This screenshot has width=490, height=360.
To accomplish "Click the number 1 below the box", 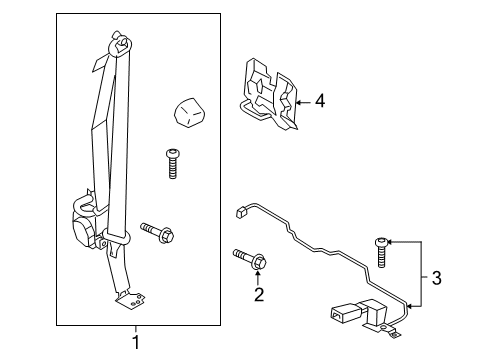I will point(137,343).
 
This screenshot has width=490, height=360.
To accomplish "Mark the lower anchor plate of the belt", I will point(128,297).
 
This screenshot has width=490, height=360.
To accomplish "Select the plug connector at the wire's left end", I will point(240,211).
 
